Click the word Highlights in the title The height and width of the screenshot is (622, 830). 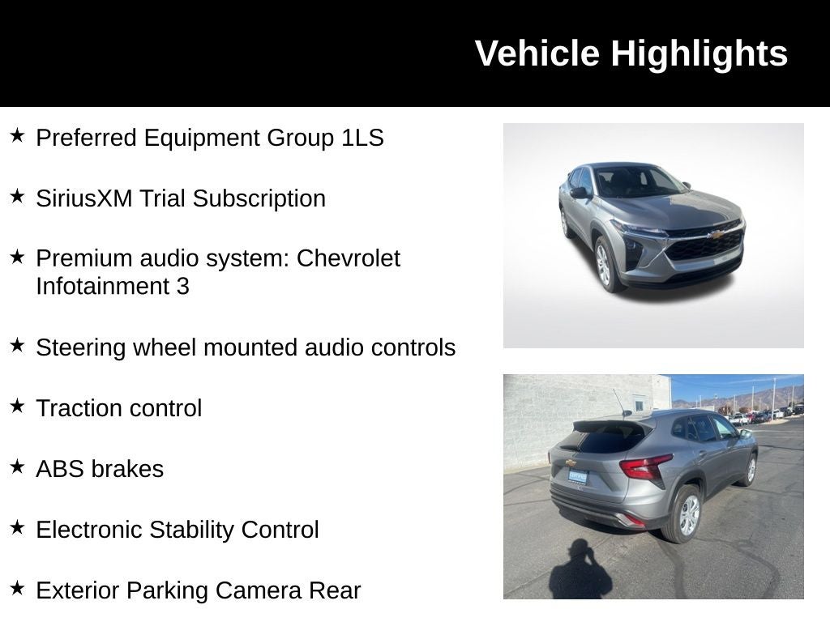coord(699,53)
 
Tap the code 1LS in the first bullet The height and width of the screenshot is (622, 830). coord(362,138)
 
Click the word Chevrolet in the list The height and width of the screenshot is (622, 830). coord(349,258)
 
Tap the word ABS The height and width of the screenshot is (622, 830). coord(59,469)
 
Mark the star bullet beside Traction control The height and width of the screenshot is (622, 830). coord(17,406)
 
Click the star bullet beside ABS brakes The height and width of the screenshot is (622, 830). coord(17,466)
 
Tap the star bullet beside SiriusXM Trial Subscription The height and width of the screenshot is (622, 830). coord(17,196)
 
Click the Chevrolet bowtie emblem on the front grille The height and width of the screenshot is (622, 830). coord(716,235)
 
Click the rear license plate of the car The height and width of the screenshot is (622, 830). coord(577,477)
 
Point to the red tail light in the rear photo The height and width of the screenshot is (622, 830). coord(645,467)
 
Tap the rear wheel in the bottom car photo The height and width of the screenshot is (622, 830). coord(683,516)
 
